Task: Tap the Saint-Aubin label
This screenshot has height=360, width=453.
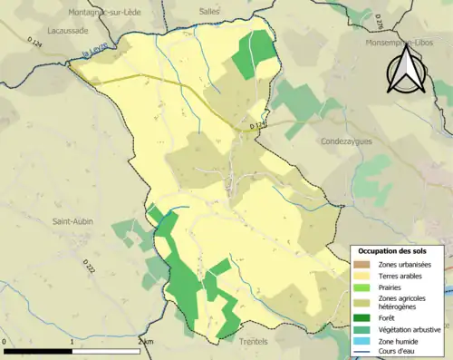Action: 72,221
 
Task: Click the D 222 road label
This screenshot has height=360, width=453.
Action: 89,267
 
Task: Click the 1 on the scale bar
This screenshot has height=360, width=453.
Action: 72,342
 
